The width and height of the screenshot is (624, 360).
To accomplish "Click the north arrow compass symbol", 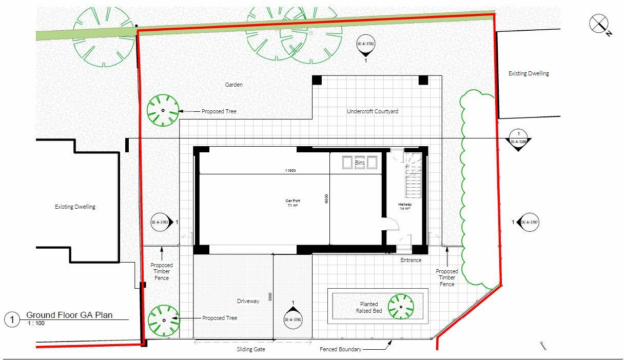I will pyautogui.click(x=599, y=24).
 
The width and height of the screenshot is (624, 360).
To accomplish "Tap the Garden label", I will pyautogui.click(x=233, y=85).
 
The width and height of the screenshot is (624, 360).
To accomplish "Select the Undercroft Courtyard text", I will pyautogui.click(x=372, y=111).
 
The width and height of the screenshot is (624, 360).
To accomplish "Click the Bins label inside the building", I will pyautogui.click(x=360, y=163).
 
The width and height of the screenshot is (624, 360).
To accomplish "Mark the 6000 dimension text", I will pyautogui.click(x=326, y=199).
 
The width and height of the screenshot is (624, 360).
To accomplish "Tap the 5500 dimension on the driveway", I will pyautogui.click(x=270, y=297).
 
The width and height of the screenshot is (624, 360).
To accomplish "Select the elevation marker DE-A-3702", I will pyautogui.click(x=366, y=45).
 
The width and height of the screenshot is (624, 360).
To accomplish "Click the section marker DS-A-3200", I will pyautogui.click(x=519, y=141).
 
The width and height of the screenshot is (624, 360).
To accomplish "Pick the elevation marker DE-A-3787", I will pyautogui.click(x=528, y=222).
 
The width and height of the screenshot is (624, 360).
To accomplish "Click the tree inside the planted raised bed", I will pyautogui.click(x=400, y=307).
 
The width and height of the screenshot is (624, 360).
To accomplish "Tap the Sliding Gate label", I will pyautogui.click(x=251, y=350).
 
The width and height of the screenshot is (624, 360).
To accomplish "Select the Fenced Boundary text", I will pyautogui.click(x=341, y=350).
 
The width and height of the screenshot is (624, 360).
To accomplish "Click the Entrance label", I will pyautogui.click(x=411, y=260).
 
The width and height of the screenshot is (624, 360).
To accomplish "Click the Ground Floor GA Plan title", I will pyautogui.click(x=69, y=315).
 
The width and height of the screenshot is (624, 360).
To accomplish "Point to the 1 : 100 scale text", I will pyautogui.click(x=36, y=324).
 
